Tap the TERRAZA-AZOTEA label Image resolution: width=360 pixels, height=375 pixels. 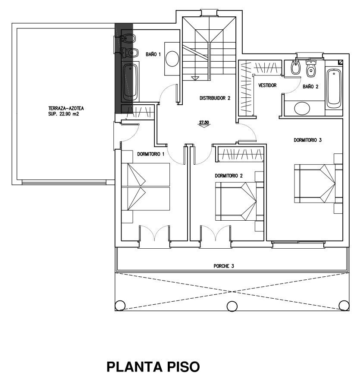click(66, 108)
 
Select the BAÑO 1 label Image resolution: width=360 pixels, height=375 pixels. click(153, 54)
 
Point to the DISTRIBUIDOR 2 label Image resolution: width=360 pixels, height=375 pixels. click(215, 98)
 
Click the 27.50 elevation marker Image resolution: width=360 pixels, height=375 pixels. click(204, 123)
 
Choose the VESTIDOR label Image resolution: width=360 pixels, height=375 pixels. click(267, 85)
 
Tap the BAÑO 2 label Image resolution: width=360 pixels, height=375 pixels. click(310, 86)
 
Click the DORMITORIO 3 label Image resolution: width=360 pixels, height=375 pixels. click(307, 140)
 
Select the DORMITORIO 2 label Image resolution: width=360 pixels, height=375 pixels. click(229, 176)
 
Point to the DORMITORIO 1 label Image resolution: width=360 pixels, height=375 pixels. click(151, 154)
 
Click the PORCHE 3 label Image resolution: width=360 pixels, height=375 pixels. click(224, 266)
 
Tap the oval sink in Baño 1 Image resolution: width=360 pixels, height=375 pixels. click(172, 59)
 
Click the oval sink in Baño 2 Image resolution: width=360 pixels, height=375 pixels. click(302, 109)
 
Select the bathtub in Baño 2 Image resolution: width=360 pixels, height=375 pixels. click(334, 88)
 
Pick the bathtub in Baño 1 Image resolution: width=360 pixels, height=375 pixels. click(130, 81)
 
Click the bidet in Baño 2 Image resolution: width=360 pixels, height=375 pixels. click(296, 67)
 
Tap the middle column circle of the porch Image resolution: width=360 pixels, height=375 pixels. click(232, 306)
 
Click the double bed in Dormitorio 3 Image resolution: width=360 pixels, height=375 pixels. click(315, 184)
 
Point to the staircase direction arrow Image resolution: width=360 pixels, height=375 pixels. click(195, 78)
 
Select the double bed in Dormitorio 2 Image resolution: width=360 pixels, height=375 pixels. click(236, 201)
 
